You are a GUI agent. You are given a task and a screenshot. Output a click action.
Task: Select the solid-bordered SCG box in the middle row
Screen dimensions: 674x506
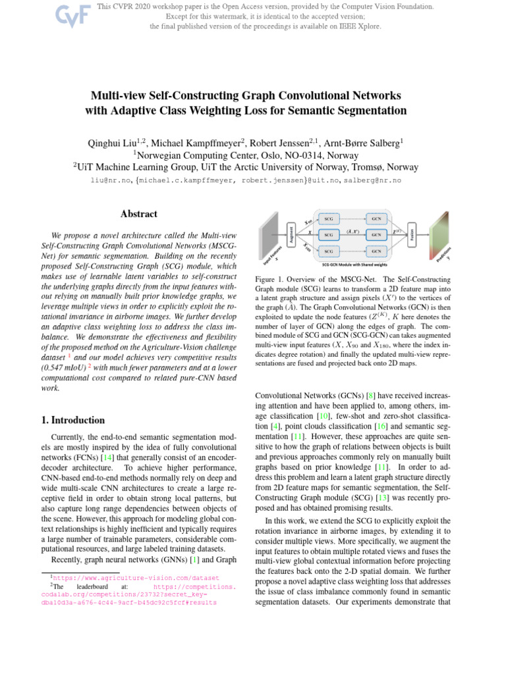click(x=328, y=234)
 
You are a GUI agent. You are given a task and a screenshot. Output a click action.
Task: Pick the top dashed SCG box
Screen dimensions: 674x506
click(x=328, y=218)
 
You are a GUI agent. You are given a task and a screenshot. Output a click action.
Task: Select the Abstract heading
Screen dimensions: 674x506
click(x=138, y=214)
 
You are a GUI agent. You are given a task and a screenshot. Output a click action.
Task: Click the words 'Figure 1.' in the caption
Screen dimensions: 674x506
click(x=270, y=280)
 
